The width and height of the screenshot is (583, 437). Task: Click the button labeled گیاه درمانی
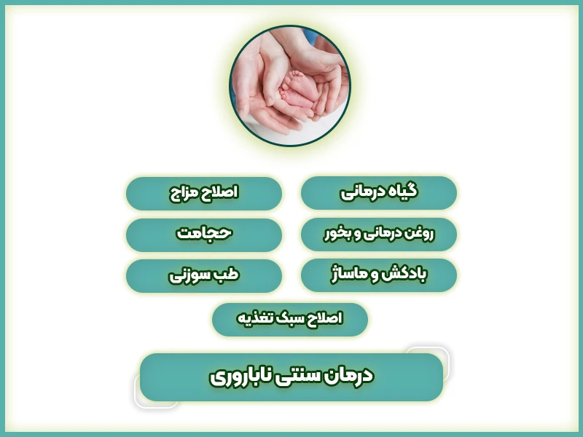(379, 193)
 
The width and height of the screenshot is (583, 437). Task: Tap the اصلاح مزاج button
(204, 193)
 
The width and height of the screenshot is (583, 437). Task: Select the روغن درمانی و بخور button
(379, 235)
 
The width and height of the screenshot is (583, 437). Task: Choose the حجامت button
(204, 235)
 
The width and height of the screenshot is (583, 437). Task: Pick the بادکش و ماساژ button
(379, 275)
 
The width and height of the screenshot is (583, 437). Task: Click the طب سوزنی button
(204, 275)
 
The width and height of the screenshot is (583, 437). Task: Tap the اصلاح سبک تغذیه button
(290, 319)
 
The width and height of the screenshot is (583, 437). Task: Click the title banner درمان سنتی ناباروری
(291, 377)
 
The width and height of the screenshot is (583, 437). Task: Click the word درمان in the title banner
(349, 375)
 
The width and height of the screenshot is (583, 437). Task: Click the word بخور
(338, 235)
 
